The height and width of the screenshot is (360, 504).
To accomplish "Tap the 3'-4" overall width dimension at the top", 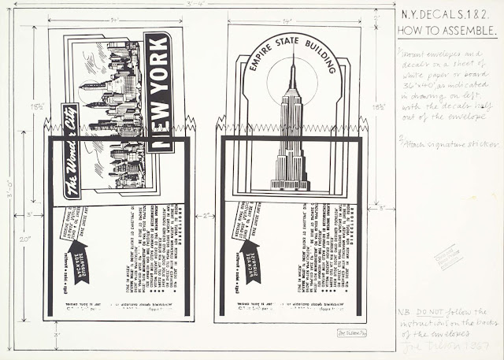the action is pyautogui.click(x=196, y=4).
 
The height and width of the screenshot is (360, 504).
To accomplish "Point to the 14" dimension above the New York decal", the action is pyautogui.click(x=115, y=19).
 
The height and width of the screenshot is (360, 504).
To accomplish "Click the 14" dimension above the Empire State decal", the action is pyautogui.click(x=290, y=19).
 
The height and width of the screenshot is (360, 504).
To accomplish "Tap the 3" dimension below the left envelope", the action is pyautogui.click(x=57, y=334).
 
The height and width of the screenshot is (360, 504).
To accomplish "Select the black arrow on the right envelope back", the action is pyautogui.click(x=251, y=260).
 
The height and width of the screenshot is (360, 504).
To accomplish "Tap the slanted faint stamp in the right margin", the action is pyautogui.click(x=450, y=257).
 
